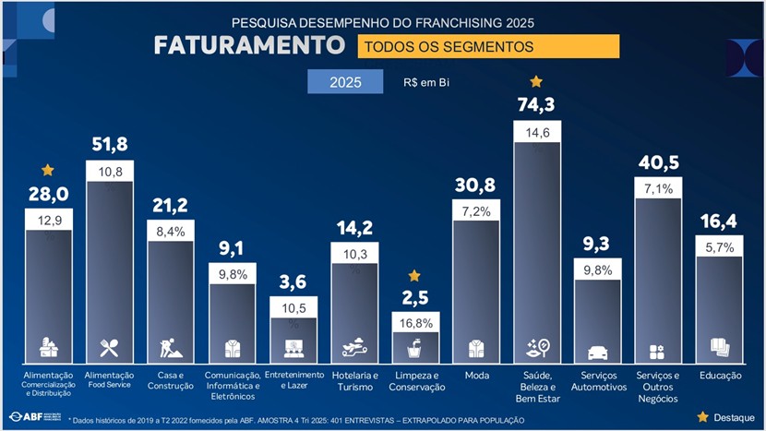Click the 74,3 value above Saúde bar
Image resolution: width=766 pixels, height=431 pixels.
(536, 105)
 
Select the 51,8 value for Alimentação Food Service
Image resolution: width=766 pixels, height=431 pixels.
(110, 144)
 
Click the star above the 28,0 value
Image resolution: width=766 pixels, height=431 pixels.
(48, 170)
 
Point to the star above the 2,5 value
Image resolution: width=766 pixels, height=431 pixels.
(414, 275)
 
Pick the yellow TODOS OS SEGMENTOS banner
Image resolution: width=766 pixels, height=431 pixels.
(488, 45)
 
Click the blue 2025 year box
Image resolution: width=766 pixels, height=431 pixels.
(345, 81)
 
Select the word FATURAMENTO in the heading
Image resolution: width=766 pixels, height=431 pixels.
(249, 45)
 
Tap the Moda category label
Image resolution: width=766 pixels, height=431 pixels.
(476, 376)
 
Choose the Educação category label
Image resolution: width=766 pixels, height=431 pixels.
(719, 376)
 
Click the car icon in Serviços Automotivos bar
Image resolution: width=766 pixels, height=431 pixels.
(597, 353)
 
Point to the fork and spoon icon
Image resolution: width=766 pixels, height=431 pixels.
(110, 348)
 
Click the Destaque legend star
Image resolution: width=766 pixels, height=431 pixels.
(703, 417)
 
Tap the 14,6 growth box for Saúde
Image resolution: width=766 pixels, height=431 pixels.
(537, 133)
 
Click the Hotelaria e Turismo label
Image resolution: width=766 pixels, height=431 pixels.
(354, 381)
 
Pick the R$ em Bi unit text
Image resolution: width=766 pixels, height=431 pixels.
(426, 82)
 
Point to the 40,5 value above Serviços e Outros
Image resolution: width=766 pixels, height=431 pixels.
(658, 162)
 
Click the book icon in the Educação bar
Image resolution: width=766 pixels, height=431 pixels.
(719, 347)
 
